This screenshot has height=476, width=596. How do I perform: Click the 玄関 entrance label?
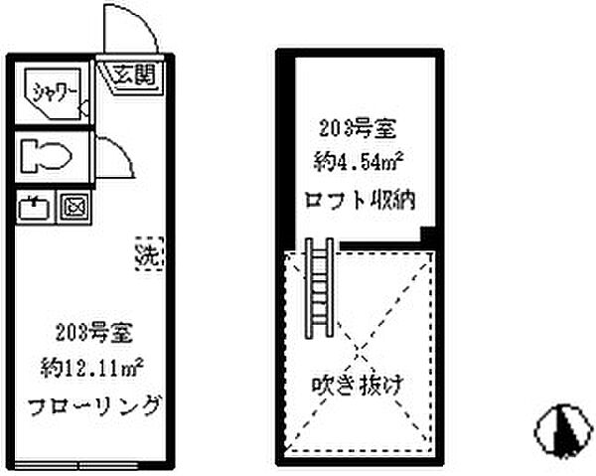(135, 75)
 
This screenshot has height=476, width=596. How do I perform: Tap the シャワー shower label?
(55, 92)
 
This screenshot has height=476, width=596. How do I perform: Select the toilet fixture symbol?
(46, 156)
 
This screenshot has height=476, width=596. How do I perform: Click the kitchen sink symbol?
(34, 208)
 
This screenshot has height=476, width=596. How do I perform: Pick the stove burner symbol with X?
(74, 208)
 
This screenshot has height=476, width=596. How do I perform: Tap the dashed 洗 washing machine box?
(149, 254)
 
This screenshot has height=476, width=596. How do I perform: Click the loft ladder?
(320, 288)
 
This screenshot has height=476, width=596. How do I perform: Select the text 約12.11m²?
(92, 368)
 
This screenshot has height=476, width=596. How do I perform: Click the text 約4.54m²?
(359, 162)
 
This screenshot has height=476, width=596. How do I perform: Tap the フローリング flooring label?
(94, 405)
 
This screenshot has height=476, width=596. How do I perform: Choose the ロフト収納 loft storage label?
(360, 200)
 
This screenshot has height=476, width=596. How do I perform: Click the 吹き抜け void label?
(358, 386)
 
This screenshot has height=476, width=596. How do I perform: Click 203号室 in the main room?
(94, 333)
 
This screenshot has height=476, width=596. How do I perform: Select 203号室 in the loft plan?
(358, 128)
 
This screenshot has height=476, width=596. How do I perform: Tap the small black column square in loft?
(427, 235)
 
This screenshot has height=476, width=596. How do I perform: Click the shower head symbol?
(83, 108)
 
